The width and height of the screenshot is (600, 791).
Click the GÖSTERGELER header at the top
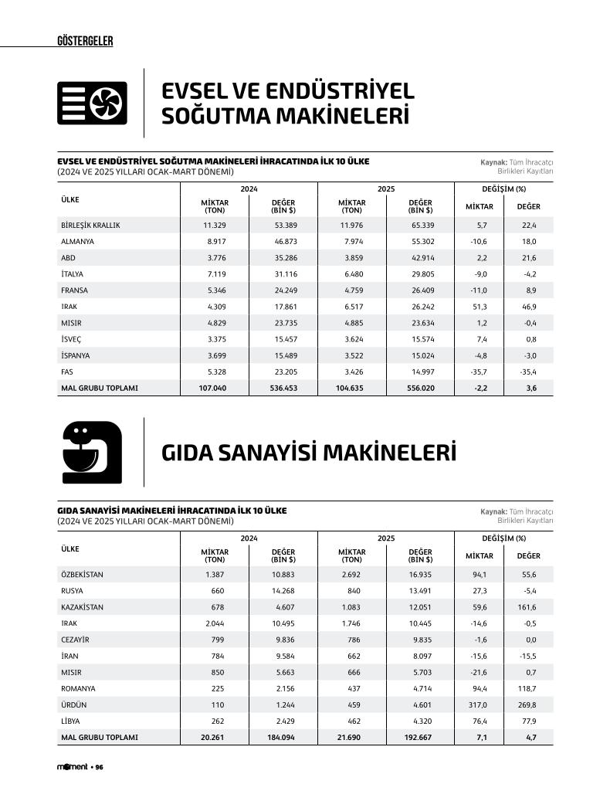85,41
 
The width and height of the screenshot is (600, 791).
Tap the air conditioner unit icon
92,103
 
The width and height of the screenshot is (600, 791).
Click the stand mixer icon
91,453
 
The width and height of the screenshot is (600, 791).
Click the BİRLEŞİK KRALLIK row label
90,226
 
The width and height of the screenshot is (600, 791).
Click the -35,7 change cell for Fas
479,372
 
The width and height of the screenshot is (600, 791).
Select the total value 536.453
280,388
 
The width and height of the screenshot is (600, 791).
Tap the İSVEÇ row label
71,339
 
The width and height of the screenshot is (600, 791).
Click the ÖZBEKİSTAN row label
82,575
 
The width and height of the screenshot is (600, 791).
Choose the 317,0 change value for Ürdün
478,704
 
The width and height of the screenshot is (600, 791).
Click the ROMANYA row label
78,688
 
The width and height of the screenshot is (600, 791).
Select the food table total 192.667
419,737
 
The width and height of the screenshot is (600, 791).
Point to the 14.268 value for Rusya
282,591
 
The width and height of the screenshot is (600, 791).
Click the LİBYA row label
71,721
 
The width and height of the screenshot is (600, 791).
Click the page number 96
100,767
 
